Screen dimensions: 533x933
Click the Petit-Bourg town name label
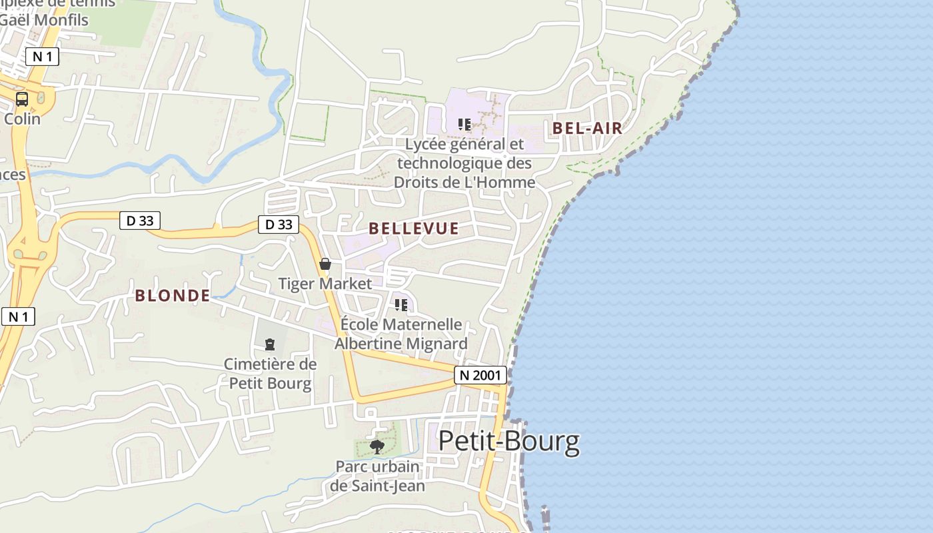[x=508, y=442]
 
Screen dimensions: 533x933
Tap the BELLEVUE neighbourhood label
[x=413, y=229]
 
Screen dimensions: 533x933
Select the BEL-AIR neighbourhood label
[x=587, y=129]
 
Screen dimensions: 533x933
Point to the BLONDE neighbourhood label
[x=173, y=296]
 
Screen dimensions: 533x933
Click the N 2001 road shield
[x=480, y=375]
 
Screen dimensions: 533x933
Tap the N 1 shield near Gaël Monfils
[x=42, y=57]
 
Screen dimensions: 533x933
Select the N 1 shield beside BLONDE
[x=18, y=316]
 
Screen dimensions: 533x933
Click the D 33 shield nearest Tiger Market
[x=279, y=225]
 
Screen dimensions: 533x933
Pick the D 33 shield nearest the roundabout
[x=140, y=221]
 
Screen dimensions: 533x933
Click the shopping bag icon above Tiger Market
[x=325, y=264]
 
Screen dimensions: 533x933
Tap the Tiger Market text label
[x=325, y=284]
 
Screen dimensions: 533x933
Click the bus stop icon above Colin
[x=22, y=99]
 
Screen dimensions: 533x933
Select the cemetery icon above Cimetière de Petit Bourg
[x=270, y=344]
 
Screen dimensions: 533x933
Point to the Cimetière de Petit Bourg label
[x=270, y=374]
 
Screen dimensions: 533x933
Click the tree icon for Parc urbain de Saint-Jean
[x=377, y=446]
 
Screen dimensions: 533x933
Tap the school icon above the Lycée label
[x=465, y=124]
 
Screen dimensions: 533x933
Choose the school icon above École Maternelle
[x=401, y=305]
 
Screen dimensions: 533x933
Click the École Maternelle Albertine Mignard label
[x=401, y=334]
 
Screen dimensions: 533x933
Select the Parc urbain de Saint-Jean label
[x=377, y=476]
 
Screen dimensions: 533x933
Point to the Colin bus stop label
[x=22, y=119]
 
